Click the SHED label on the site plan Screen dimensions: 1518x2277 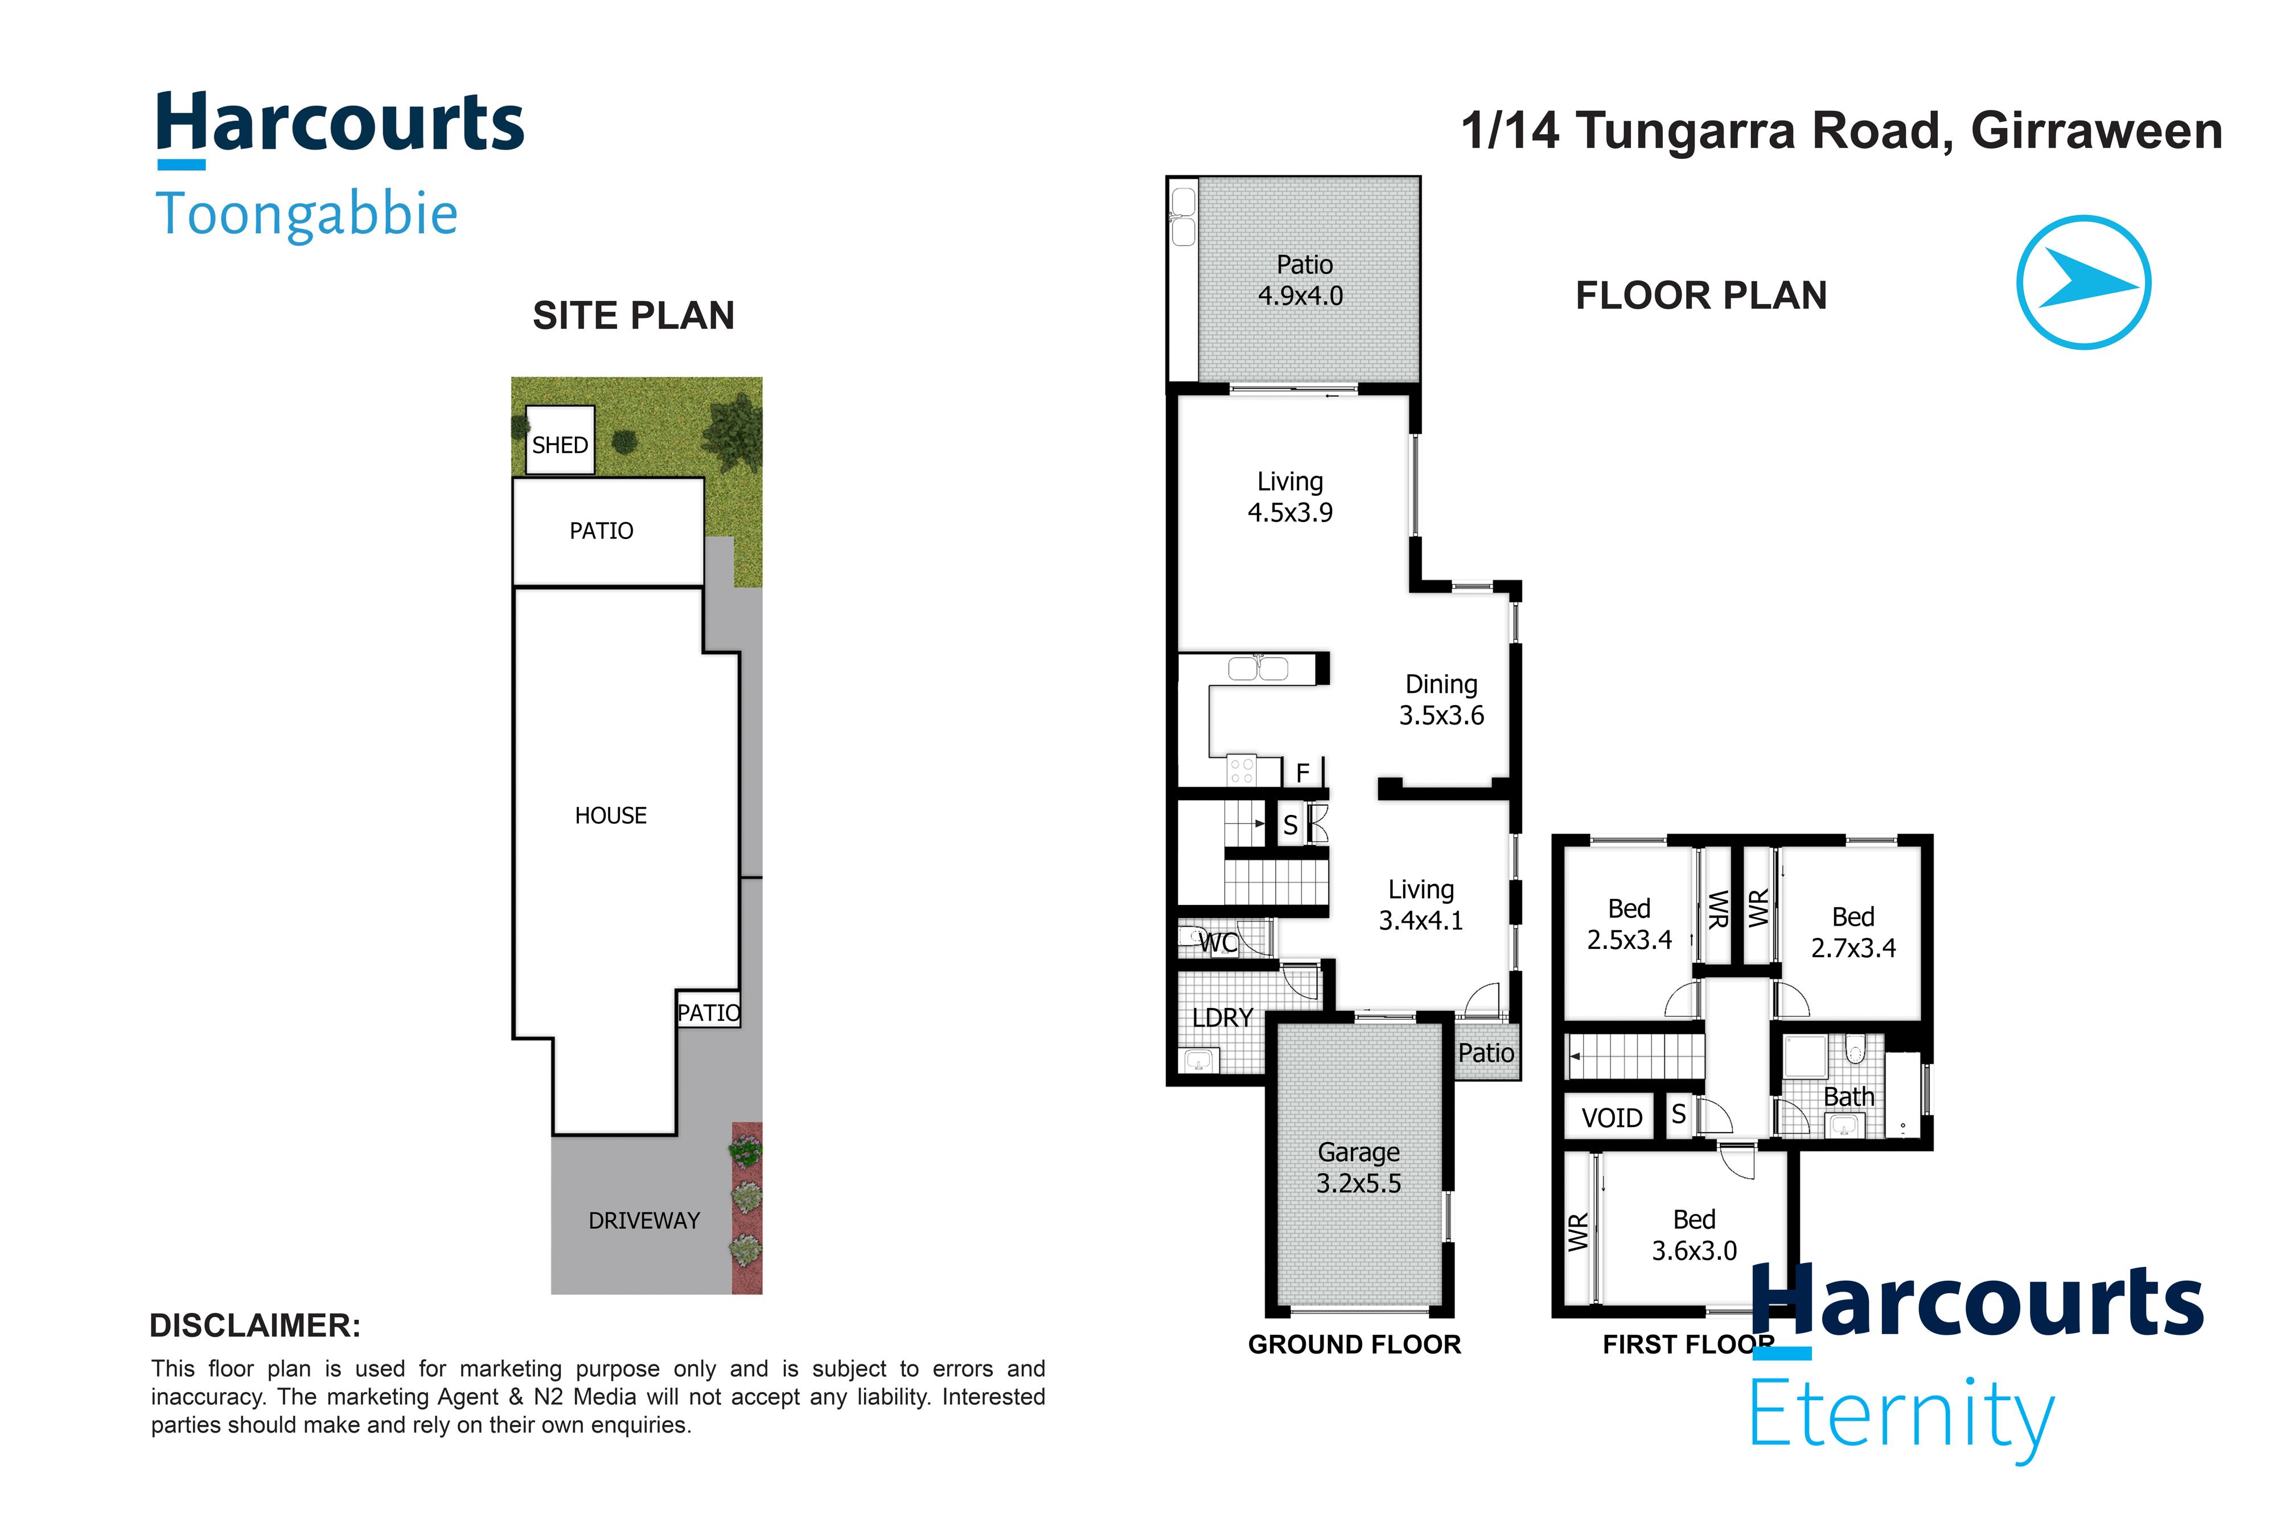(x=560, y=445)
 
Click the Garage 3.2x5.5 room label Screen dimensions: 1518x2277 (x=1358, y=1167)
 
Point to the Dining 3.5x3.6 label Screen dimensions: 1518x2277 (x=1441, y=699)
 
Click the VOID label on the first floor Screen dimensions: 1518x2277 (x=1611, y=1118)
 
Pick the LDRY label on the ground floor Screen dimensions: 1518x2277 (x=1222, y=1018)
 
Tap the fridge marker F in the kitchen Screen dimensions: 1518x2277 (x=1302, y=772)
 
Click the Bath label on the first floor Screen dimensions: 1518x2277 (x=1848, y=1097)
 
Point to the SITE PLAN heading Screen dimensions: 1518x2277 (x=633, y=315)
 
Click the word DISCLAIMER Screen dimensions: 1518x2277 (x=254, y=1326)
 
